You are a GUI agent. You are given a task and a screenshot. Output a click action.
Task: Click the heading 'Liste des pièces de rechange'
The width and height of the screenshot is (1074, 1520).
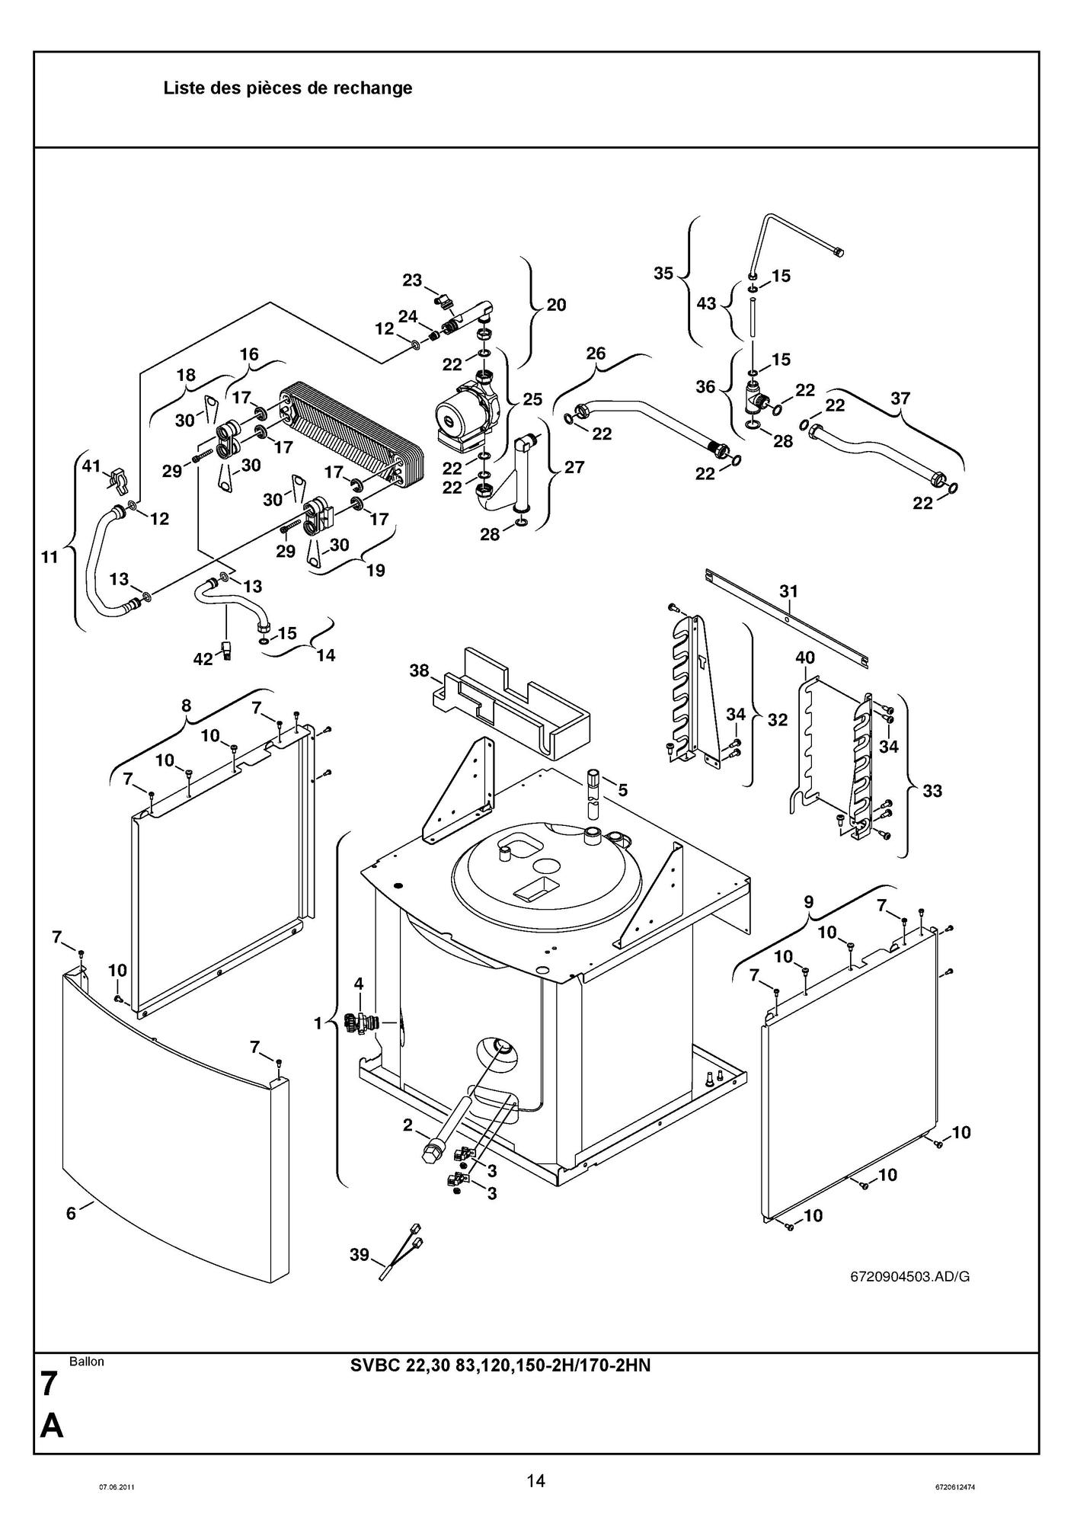point(288,88)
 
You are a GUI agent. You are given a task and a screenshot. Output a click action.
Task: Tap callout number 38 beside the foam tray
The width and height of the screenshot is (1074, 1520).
point(419,670)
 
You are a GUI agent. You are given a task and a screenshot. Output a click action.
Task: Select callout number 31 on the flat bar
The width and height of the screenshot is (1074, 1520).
point(788,590)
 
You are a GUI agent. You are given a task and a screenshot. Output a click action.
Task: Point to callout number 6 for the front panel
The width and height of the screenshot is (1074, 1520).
point(71,1214)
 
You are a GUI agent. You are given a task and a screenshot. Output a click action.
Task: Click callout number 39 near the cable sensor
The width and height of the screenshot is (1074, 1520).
point(360,1254)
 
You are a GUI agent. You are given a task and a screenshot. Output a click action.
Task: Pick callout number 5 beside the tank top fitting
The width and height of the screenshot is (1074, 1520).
point(622,790)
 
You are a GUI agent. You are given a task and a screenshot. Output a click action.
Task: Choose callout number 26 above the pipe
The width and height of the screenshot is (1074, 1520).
point(596,354)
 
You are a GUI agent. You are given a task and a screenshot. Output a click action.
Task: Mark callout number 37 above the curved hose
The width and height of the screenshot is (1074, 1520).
point(900,398)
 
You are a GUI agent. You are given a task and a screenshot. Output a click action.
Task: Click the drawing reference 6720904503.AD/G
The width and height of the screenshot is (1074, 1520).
point(909,1277)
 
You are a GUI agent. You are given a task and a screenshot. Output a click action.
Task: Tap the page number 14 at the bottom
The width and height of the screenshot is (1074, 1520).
point(535,1480)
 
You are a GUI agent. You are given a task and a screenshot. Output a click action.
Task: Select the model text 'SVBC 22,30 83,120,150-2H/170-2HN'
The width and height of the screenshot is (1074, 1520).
point(500,1365)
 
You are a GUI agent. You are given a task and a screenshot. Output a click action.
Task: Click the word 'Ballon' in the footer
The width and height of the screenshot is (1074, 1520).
point(87,1362)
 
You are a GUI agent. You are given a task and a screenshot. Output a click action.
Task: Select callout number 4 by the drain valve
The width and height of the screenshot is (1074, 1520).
point(359,984)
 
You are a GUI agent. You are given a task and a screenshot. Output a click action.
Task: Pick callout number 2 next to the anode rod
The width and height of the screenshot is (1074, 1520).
point(408,1125)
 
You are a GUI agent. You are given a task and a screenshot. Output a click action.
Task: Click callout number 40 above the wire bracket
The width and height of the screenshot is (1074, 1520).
point(805,658)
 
